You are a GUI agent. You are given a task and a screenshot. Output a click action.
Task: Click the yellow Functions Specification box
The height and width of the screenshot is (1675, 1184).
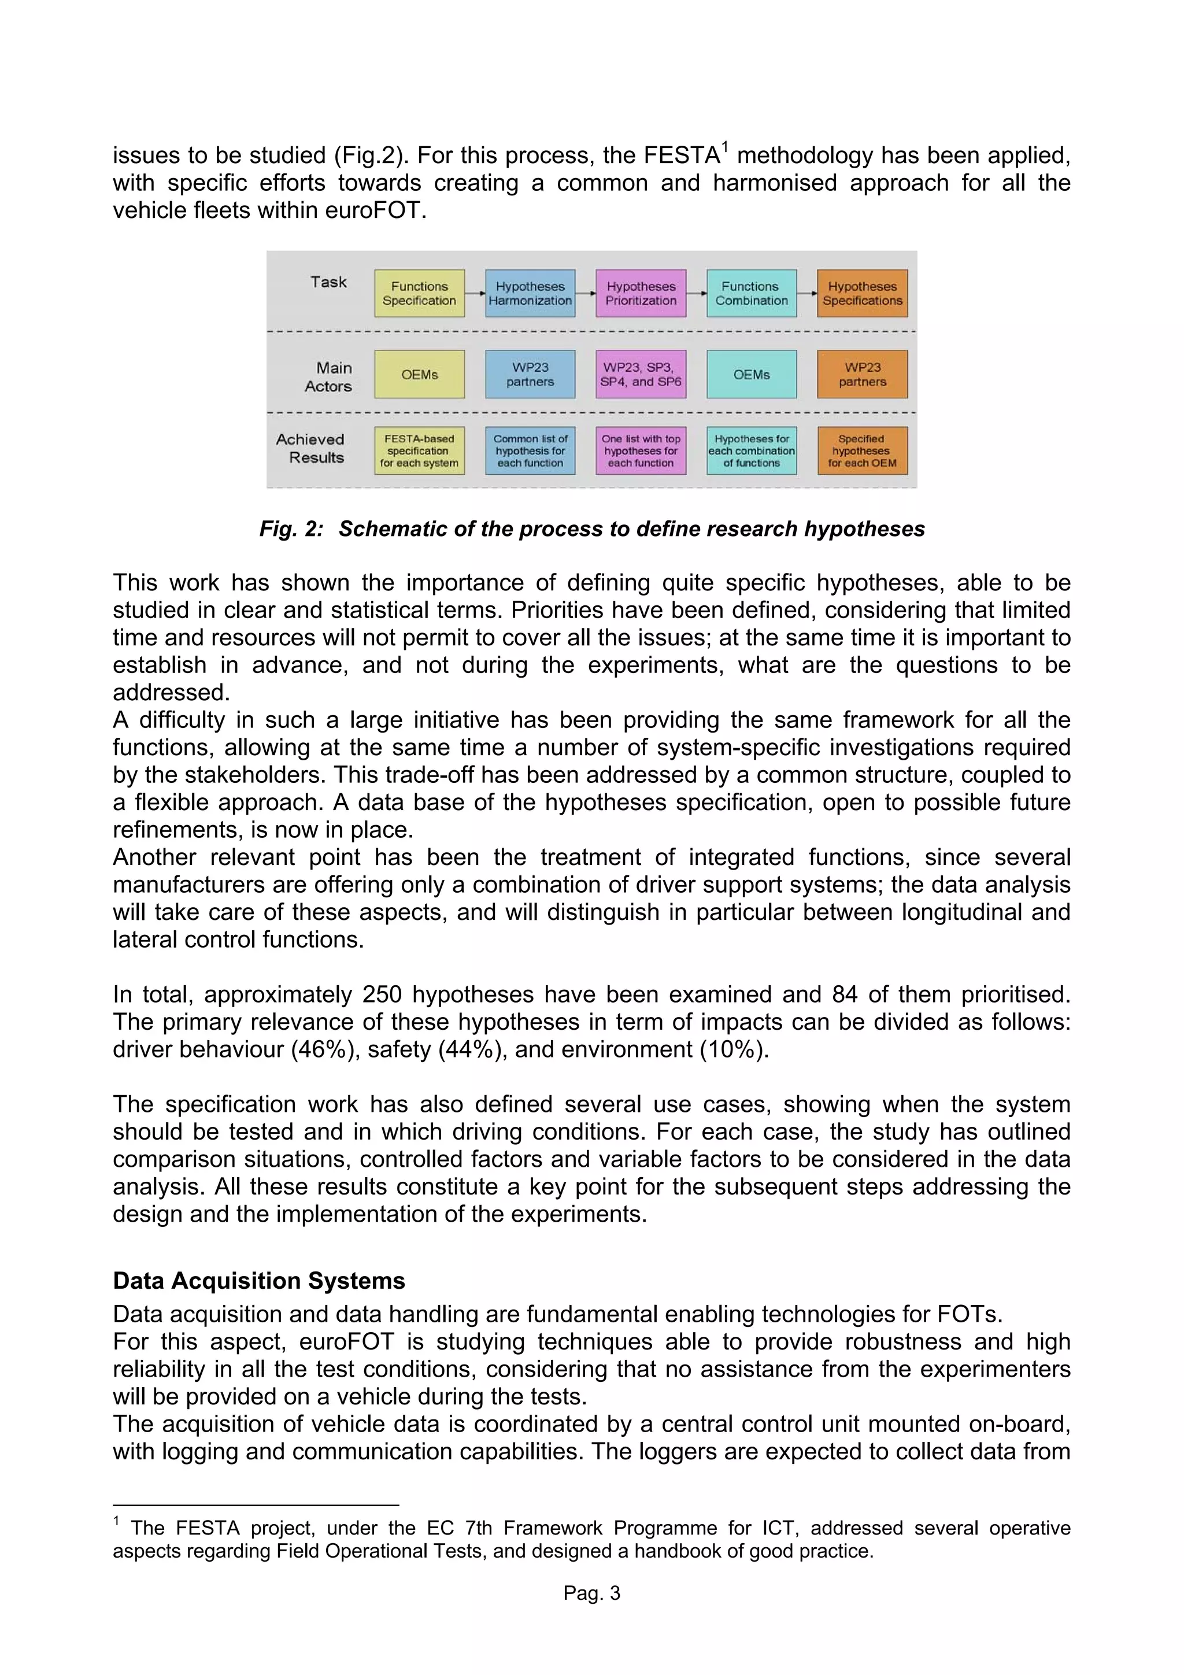click(x=420, y=293)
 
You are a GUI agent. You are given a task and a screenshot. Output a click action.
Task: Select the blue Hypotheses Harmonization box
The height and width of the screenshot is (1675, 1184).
click(x=530, y=293)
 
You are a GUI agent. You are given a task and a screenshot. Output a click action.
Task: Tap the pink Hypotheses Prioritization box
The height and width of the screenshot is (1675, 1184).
click(x=641, y=293)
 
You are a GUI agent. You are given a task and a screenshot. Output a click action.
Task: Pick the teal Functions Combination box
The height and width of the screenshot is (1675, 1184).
click(x=752, y=293)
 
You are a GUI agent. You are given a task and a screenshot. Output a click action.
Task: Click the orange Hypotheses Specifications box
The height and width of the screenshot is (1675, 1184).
click(x=863, y=293)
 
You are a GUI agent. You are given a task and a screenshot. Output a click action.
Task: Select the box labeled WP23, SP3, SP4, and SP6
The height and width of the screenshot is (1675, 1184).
click(x=641, y=374)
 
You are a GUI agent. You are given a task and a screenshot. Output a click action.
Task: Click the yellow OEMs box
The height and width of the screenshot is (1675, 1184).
click(x=420, y=374)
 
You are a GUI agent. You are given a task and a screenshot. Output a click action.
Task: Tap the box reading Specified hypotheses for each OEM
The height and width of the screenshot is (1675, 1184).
click(x=863, y=451)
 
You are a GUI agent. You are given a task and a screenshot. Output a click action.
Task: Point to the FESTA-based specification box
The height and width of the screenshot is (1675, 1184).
click(x=420, y=451)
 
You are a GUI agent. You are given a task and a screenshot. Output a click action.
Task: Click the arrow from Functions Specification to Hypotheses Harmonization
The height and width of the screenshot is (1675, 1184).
click(x=475, y=293)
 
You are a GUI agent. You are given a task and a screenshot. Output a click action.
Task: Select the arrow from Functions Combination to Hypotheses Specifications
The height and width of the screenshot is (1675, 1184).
click(x=807, y=293)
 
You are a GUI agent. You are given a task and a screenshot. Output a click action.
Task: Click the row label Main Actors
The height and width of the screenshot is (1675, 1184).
click(x=329, y=377)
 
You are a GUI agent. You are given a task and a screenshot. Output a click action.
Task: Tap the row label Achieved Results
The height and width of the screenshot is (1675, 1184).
click(x=311, y=449)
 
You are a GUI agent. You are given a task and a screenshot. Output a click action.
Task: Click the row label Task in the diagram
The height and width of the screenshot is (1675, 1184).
click(x=328, y=282)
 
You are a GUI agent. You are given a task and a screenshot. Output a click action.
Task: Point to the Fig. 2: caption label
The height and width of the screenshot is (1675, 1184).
click(x=291, y=529)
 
